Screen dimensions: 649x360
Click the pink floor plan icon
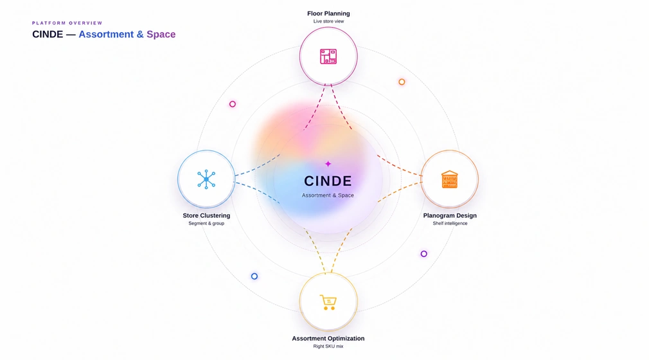pos(328,57)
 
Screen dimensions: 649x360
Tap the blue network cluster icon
pos(206,179)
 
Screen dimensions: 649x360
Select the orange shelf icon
pos(450,179)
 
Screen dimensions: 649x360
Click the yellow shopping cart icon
pos(328,302)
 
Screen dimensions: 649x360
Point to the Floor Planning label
pos(328,14)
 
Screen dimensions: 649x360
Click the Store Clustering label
pos(206,215)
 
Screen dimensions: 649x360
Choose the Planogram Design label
pos(450,215)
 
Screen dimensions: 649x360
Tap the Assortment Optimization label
pos(328,338)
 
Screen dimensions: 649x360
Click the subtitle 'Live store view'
pos(328,21)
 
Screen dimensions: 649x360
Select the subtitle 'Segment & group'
pos(206,223)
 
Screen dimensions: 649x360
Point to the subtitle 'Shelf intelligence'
pos(450,223)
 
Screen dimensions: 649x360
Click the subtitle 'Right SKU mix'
pos(328,346)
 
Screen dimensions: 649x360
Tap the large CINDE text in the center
pos(328,181)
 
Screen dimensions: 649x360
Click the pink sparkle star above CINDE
pos(328,164)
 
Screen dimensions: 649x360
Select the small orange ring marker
pos(402,82)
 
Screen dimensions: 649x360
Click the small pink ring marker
pos(233,104)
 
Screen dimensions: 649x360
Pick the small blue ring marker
pos(254,276)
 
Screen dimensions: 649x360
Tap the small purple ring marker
pos(424,254)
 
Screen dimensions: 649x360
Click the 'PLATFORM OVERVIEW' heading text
pos(67,23)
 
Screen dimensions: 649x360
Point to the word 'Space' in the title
pos(161,34)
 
